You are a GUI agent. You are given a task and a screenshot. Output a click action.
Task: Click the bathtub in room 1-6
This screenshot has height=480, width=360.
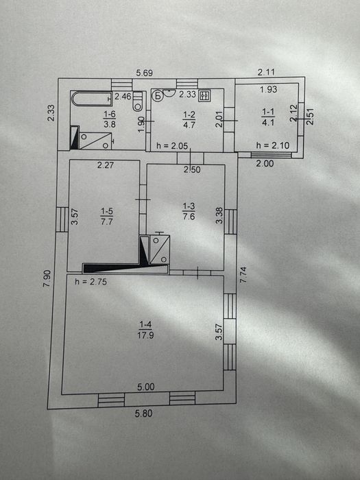click(93, 99)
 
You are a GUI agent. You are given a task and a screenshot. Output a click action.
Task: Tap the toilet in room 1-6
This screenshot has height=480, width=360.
click(138, 101)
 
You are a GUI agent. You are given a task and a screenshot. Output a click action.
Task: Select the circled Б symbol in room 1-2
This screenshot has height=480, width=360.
click(158, 96)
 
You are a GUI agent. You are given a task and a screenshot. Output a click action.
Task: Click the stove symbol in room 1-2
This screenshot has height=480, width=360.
click(204, 96)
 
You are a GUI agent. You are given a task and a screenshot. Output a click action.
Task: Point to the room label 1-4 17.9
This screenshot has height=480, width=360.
click(145, 330)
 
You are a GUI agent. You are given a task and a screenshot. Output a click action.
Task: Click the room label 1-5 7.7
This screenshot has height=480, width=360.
click(107, 216)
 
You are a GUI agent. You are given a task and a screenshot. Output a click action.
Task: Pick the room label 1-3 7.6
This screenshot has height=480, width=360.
click(189, 211)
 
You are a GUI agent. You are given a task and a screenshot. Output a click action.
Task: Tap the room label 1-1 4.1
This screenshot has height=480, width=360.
click(268, 117)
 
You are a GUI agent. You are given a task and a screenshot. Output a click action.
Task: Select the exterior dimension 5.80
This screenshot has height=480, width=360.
click(143, 413)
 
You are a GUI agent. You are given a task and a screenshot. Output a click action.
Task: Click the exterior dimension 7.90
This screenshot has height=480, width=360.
click(47, 278)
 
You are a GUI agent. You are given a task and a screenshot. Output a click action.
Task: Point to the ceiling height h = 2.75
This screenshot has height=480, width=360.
click(91, 281)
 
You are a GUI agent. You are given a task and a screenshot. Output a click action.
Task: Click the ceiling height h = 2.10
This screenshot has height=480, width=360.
click(273, 145)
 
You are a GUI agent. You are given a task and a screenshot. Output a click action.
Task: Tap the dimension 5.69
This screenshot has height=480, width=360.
click(145, 73)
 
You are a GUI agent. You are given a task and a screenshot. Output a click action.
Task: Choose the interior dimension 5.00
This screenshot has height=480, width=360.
click(145, 387)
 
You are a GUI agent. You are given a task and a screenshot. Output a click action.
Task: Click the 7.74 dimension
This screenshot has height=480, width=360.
click(243, 274)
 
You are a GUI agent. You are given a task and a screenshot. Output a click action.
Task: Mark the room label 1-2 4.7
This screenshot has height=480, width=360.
click(189, 120)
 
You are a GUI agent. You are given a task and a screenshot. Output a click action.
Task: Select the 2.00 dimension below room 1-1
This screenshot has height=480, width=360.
click(265, 163)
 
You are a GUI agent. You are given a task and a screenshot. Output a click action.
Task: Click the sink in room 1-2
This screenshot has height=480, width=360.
click(169, 92)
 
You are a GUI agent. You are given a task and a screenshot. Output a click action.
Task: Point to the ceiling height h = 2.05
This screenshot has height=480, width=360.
click(172, 145)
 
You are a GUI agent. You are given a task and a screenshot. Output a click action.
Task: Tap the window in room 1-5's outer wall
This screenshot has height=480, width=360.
click(62, 219)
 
